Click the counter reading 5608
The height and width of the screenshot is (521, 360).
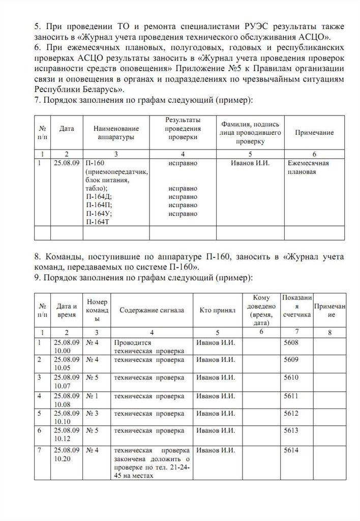[x=291, y=342]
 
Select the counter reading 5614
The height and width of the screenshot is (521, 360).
[x=291, y=450]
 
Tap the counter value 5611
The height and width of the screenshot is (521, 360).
[x=291, y=395]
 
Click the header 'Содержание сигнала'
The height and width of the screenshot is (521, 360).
[x=152, y=310]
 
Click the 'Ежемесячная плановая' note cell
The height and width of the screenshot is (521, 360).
[x=309, y=167]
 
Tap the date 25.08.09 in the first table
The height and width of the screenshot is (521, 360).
[x=66, y=163]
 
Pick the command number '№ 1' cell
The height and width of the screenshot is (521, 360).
[x=93, y=395]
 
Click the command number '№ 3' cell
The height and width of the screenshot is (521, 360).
[x=93, y=413]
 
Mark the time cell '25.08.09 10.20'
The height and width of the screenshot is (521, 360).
[x=66, y=454]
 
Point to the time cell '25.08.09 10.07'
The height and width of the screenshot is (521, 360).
[x=66, y=382]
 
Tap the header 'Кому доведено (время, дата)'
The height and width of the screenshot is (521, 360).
[x=261, y=309]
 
